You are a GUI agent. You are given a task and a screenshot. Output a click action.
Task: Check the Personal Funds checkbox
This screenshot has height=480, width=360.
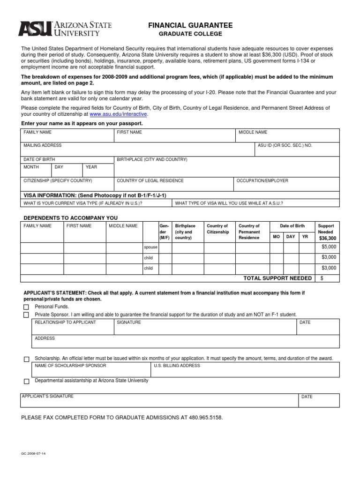26,307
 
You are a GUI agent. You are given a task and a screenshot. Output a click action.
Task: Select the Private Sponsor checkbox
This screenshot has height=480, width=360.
26,315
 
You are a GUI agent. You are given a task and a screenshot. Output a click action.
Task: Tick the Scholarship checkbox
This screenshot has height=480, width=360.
26,359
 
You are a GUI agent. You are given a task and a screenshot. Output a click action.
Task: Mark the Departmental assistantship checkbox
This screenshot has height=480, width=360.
26,381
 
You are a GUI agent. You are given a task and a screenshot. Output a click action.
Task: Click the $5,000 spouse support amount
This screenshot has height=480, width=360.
329,247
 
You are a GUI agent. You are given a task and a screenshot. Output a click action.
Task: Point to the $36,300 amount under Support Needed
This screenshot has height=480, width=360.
328,238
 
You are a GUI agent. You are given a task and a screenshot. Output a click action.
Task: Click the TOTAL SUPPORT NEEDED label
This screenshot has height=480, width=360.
277,278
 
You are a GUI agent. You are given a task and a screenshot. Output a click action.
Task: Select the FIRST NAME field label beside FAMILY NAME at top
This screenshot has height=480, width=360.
129,133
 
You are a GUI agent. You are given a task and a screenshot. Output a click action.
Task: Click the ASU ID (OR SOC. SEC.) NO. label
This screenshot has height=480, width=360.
285,146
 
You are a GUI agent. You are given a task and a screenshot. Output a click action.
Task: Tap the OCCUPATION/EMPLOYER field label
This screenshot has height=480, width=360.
262,180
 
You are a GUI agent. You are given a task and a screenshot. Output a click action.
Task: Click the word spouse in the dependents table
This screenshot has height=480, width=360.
150,247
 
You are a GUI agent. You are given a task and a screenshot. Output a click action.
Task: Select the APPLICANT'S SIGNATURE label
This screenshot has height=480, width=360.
48,397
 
